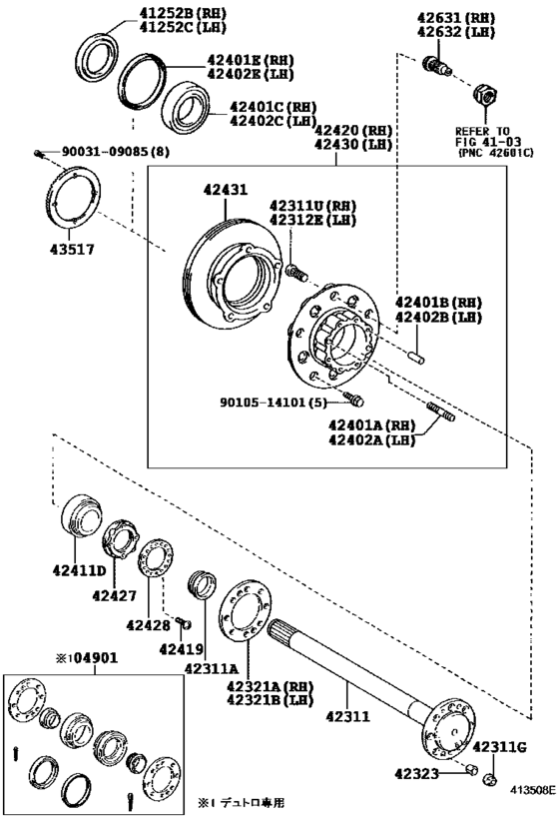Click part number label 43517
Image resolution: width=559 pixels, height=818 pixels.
click(x=72, y=250)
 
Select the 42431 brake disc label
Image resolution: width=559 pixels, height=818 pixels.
click(x=226, y=190)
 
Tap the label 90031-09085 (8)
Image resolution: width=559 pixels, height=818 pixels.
click(x=116, y=152)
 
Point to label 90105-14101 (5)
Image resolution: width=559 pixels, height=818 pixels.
click(x=274, y=403)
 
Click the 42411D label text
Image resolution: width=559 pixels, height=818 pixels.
click(x=79, y=570)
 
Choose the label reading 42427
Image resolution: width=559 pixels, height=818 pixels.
click(x=114, y=595)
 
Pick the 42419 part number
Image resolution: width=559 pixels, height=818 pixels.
click(x=181, y=649)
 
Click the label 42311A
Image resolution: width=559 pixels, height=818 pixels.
click(x=211, y=669)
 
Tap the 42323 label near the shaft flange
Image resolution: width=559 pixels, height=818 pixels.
click(x=416, y=774)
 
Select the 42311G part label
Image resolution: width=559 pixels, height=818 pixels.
click(x=499, y=747)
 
